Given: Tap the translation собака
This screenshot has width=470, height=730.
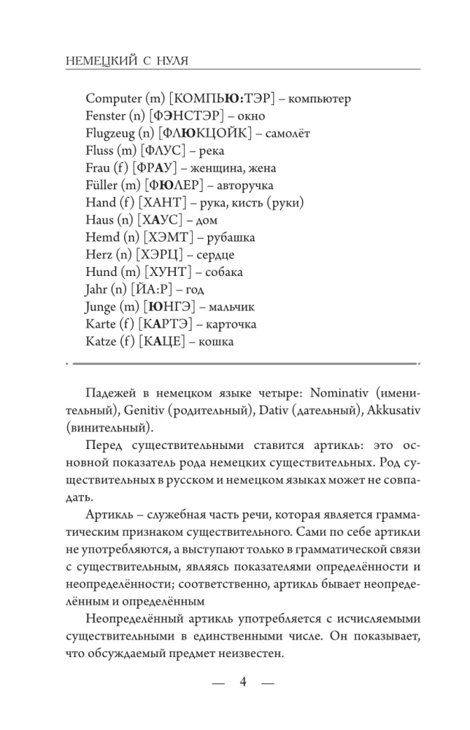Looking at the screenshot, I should [x=225, y=272].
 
